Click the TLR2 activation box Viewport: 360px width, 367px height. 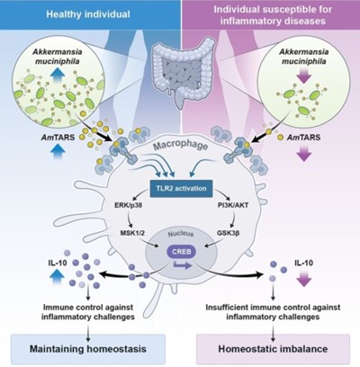181,189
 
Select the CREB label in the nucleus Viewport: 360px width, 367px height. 181,251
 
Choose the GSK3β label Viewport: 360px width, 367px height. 229,233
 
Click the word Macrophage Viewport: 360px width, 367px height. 180,145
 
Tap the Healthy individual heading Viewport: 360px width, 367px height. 88,14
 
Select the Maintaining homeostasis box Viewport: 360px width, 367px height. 88,349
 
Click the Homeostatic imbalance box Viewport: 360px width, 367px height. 273,349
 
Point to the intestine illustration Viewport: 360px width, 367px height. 182,74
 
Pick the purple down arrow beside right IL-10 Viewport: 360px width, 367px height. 304,278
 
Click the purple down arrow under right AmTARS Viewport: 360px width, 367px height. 304,153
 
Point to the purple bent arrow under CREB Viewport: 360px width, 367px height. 183,264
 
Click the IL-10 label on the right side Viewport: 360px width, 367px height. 304,263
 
